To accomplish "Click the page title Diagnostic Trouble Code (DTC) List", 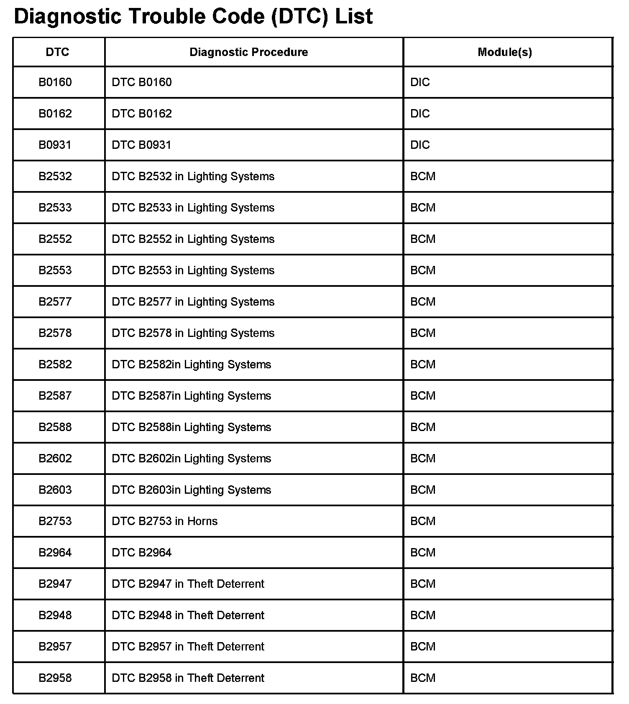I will (193, 17).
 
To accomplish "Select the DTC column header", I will (57, 52).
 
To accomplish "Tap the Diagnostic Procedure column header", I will (248, 52).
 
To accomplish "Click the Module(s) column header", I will (505, 52).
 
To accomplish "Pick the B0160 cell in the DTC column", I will (55, 82).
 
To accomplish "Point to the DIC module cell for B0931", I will (420, 145).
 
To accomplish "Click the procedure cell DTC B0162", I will (142, 113).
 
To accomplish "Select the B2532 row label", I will (55, 176).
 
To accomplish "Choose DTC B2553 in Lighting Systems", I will (193, 270).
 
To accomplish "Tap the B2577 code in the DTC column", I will (55, 301).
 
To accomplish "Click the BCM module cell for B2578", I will (423, 333).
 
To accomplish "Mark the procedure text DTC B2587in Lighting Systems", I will (191, 395).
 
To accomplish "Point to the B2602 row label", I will (55, 458).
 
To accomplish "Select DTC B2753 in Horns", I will (164, 521).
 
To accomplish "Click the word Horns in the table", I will (202, 521).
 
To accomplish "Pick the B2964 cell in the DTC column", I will (55, 552).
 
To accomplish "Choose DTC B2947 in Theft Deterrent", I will (188, 584).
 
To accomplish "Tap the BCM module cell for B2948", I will (423, 615).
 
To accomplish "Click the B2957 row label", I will (55, 646).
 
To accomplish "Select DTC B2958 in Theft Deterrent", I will (188, 678).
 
